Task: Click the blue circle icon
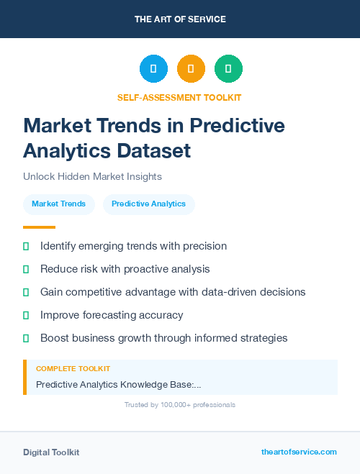coord(153,69)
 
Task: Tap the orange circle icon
coord(191,69)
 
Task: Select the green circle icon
coord(228,69)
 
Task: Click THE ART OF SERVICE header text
coord(180,19)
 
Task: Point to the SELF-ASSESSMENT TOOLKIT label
coord(179,97)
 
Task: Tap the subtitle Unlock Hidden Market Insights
coord(92,176)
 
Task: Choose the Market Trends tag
coord(58,204)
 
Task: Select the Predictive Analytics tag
coord(148,204)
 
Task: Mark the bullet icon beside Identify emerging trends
coord(26,246)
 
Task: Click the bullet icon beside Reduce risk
coord(26,269)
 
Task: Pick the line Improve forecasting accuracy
coord(112,315)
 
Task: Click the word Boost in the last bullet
coord(55,338)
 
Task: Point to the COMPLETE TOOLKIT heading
coord(73,368)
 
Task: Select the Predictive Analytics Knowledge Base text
coord(118,385)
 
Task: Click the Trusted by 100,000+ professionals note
coord(179,405)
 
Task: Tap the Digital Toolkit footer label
coord(51,452)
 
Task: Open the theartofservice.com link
coord(299,452)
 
